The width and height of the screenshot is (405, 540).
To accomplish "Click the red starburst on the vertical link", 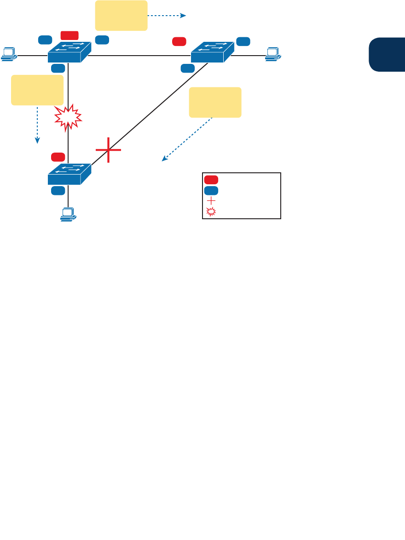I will pyautogui.click(x=68, y=117).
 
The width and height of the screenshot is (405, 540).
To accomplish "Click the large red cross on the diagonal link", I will pyautogui.click(x=109, y=150).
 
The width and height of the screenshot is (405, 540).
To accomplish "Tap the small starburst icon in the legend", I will pyautogui.click(x=211, y=212).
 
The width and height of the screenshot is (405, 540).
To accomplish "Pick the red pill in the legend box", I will pyautogui.click(x=211, y=180).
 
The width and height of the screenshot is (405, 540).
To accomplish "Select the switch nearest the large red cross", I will pyautogui.click(x=69, y=174).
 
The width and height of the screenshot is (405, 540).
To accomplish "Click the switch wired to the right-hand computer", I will pyautogui.click(x=212, y=51).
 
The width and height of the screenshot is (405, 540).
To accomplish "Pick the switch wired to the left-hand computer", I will pyautogui.click(x=69, y=51).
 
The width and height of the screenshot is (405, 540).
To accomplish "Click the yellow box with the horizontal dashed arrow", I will pyautogui.click(x=121, y=16).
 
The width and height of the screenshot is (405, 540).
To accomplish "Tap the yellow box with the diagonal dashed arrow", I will pyautogui.click(x=215, y=102).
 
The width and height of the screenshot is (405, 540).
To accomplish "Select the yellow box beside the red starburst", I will pyautogui.click(x=37, y=90).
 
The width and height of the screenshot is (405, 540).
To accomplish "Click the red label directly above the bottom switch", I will pyautogui.click(x=58, y=157).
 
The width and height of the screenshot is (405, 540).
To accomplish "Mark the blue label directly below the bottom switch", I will pyautogui.click(x=58, y=190).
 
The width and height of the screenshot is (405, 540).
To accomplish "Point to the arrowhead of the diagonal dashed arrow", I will pyautogui.click(x=163, y=160).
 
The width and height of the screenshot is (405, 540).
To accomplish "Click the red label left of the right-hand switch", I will pyautogui.click(x=179, y=41).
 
